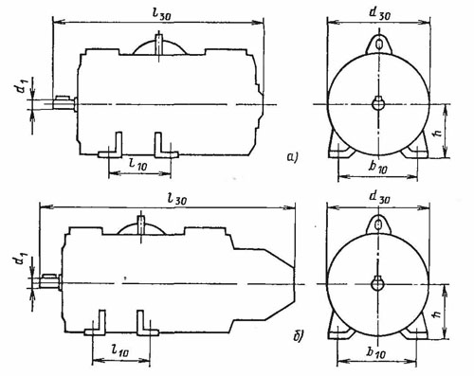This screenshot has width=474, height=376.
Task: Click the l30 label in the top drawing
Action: pyautogui.click(x=160, y=13)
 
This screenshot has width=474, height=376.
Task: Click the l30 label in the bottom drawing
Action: pyautogui.click(x=177, y=199)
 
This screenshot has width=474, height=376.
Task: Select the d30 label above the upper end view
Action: pyautogui.click(x=379, y=13)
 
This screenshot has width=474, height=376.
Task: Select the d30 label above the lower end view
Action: pyautogui.click(x=379, y=197)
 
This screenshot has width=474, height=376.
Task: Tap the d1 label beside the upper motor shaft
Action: pyautogui.click(x=23, y=85)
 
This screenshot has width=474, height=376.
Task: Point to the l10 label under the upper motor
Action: pyautogui.click(x=139, y=164)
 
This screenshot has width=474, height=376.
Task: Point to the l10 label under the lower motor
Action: pyautogui.click(x=120, y=349)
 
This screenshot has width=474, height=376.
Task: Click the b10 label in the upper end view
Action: pyautogui.click(x=377, y=167)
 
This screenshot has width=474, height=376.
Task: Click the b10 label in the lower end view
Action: pyautogui.click(x=376, y=352)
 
